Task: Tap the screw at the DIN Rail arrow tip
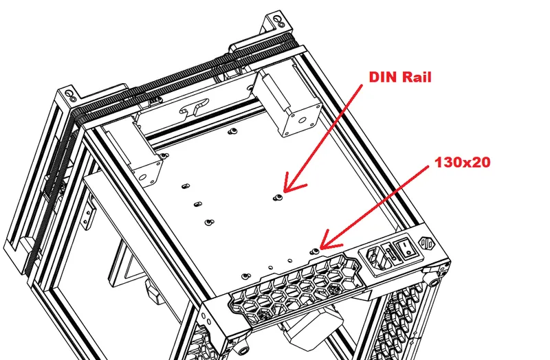[277, 198]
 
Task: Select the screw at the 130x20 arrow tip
[315, 251]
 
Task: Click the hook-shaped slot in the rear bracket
[193, 109]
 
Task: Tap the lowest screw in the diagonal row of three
[208, 223]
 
